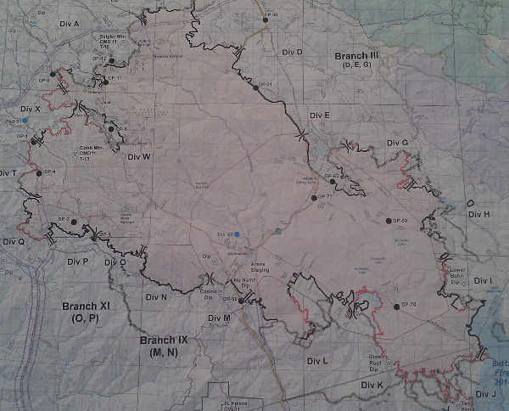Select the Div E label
click(320, 115)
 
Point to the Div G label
click(397, 143)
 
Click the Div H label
click(480, 214)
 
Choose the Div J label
click(486, 394)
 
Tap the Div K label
click(372, 386)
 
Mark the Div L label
click(317, 361)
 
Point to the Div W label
click(138, 157)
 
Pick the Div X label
click(30, 110)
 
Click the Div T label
click(8, 173)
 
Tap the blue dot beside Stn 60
click(238, 234)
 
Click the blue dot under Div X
click(25, 121)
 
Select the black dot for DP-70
click(396, 307)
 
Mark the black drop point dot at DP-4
click(39, 173)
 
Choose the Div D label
click(291, 53)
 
